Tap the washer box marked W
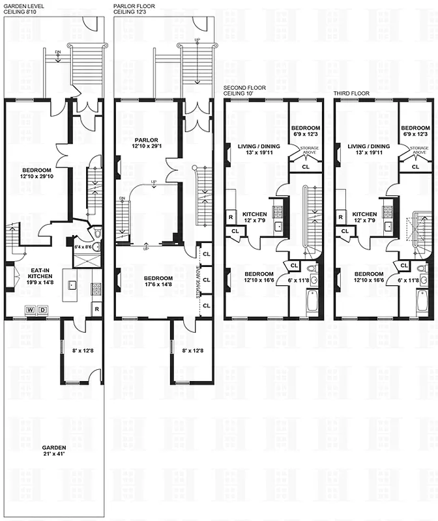coord(29,309)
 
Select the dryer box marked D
coord(43,309)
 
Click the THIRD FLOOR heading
coord(351,93)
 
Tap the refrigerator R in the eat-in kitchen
coord(96,309)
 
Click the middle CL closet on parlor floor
coord(206,279)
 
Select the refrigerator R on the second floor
coord(231,217)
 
